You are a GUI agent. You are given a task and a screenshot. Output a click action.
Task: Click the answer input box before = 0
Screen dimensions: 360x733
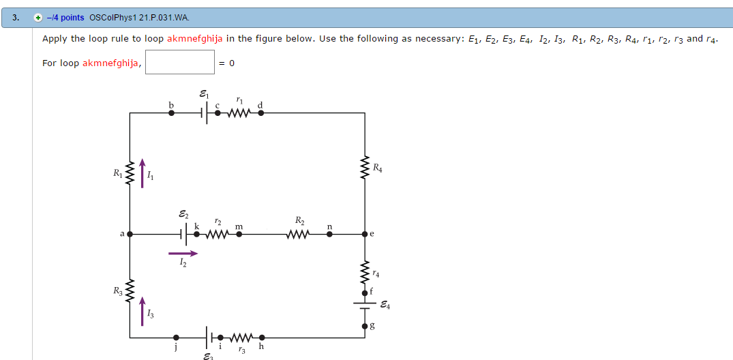(180, 63)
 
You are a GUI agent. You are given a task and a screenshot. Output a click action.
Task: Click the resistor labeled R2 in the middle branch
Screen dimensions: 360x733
(299, 234)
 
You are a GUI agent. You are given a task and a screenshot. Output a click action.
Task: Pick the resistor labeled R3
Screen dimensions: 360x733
(130, 290)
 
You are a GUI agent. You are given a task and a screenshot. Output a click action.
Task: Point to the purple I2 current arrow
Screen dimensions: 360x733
(183, 253)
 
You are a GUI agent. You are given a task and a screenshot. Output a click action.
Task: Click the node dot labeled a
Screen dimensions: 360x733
(130, 234)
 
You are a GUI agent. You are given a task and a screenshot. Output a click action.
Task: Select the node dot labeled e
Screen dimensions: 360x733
(365, 234)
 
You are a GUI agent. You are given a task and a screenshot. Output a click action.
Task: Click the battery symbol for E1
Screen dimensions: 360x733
(205, 113)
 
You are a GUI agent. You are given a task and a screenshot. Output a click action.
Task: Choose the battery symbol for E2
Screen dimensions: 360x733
(183, 234)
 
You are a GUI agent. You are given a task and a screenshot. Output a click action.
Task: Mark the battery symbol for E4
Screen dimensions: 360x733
(365, 305)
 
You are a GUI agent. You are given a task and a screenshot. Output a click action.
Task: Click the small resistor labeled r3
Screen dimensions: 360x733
(241, 337)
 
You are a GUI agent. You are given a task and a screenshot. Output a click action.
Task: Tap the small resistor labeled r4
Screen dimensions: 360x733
(365, 273)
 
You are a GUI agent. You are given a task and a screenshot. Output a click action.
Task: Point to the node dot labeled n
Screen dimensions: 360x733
(329, 234)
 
